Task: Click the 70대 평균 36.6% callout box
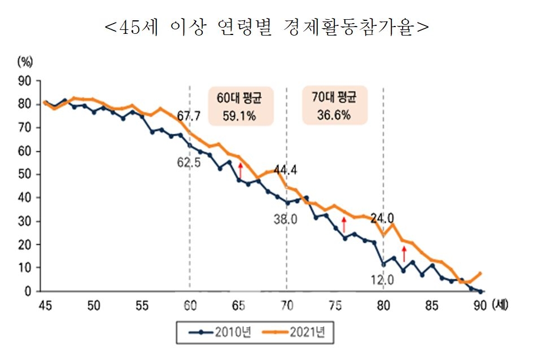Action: click(335, 106)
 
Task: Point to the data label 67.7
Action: click(189, 116)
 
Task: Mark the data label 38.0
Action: click(285, 219)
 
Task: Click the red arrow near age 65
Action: click(241, 170)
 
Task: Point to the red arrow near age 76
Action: click(344, 225)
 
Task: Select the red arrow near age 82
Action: click(404, 253)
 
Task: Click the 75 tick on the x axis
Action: click(335, 306)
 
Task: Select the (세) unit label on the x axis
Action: click(500, 305)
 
